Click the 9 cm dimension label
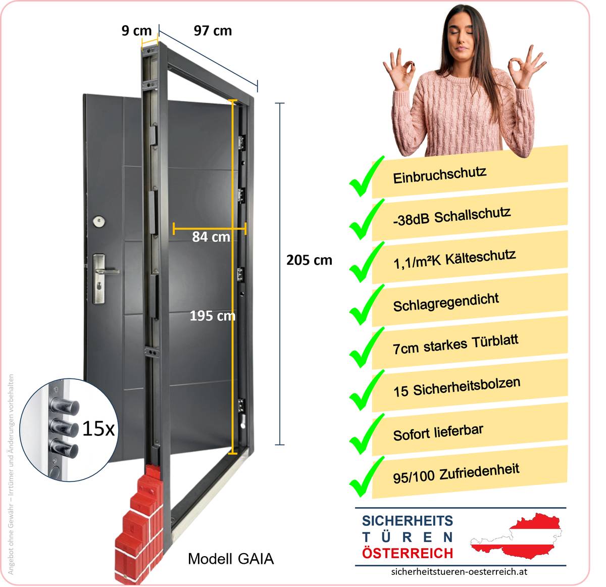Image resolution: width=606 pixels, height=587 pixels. pos(136,30)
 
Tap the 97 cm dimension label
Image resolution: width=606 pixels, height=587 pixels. pos(213,30)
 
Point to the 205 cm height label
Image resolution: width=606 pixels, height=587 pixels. pos(309,260)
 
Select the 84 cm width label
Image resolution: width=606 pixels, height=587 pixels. pos(211,237)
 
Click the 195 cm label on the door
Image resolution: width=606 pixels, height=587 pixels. pos(213,316)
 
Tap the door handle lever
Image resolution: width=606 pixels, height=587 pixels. pos(108,272)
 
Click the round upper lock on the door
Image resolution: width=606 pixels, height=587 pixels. pos(99,222)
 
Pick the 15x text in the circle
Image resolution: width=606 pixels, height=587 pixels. pos(98,429)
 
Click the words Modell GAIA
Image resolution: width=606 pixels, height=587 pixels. pos(231,559)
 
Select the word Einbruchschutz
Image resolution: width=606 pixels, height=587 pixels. pos(439,175)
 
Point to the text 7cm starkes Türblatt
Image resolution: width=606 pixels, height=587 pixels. pos(456,345)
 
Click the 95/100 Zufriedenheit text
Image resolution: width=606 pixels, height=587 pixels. pos(456,473)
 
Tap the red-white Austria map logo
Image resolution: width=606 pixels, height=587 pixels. pos(516,536)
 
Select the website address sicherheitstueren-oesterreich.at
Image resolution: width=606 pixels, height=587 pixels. pos(460,571)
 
